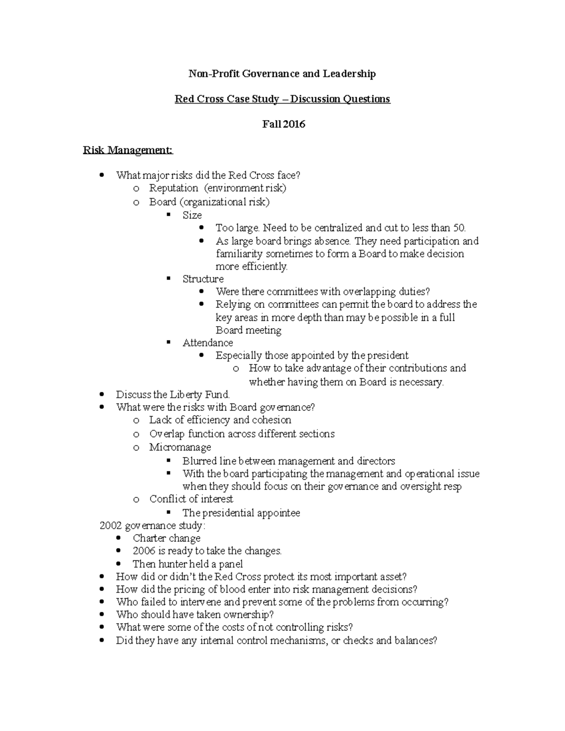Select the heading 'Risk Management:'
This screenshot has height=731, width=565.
click(128, 150)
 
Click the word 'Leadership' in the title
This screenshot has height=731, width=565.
click(349, 73)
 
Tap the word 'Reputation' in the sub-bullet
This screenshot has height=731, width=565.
click(174, 188)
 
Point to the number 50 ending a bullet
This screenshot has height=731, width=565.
click(459, 228)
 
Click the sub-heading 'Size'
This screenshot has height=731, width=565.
click(192, 215)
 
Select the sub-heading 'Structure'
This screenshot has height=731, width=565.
click(203, 279)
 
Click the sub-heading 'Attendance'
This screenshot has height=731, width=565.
click(208, 343)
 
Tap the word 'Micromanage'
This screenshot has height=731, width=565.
click(180, 447)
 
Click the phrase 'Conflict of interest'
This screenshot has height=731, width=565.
click(191, 499)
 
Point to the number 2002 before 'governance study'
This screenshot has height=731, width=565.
click(110, 526)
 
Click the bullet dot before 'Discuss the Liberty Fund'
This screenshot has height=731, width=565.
click(103, 395)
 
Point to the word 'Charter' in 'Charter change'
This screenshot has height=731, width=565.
click(147, 538)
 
